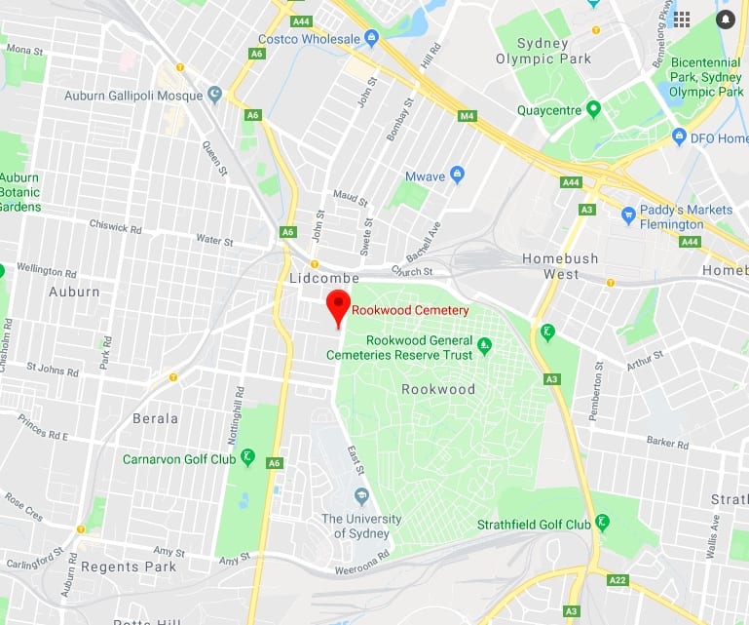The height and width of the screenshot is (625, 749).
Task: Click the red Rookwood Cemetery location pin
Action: [338, 305]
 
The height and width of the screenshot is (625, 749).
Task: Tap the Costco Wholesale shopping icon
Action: [371, 38]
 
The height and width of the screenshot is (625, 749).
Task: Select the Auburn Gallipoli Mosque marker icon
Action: [214, 96]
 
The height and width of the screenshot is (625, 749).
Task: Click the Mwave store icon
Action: [458, 176]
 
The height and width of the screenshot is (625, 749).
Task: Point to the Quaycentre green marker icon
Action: [593, 110]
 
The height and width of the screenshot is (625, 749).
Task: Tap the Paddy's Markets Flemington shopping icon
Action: [628, 215]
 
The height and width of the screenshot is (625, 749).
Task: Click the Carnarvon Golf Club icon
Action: [247, 457]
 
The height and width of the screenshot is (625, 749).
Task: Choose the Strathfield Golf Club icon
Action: [603, 524]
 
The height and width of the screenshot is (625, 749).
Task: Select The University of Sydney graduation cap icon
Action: [361, 496]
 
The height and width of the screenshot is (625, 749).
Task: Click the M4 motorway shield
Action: [468, 117]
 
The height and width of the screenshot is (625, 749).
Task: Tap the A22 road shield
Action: [618, 580]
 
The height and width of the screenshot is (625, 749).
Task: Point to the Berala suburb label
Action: [155, 418]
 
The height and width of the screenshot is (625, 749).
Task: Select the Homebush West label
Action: [564, 266]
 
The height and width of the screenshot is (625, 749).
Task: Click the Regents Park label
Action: [129, 566]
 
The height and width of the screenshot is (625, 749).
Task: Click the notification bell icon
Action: [725, 19]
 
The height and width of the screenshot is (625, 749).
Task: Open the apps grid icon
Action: [682, 19]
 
